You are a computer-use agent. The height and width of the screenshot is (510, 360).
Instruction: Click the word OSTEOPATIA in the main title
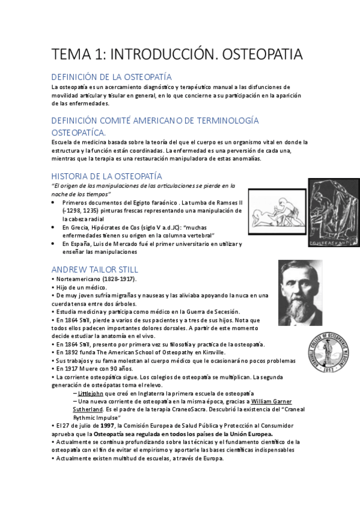pos(263,54)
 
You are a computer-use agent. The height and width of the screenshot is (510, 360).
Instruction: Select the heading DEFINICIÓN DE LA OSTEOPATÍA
pos(112,77)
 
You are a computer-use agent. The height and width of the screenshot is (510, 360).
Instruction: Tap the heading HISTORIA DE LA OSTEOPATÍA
pos(106,176)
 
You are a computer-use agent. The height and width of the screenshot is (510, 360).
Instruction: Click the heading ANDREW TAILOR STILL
pos(94,269)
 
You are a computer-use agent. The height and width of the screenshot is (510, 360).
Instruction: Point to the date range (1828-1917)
pos(117,279)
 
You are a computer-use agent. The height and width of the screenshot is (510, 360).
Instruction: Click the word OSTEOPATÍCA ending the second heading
pos(79,132)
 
